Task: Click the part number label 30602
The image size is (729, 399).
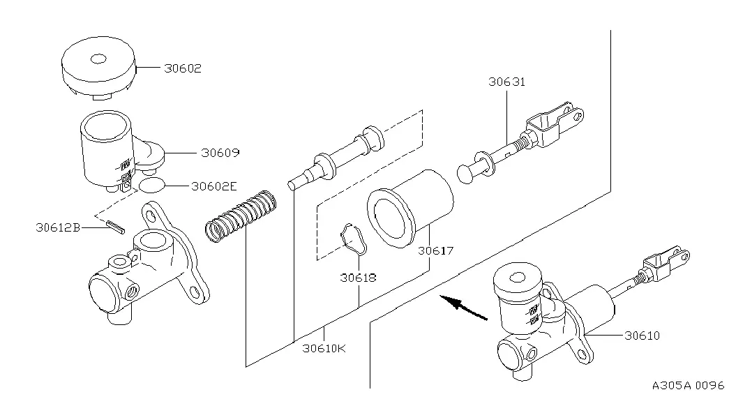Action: click(x=183, y=68)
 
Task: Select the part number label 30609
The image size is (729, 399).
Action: click(x=220, y=153)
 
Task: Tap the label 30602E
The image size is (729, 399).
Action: click(x=214, y=186)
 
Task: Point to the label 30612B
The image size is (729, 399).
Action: click(x=58, y=227)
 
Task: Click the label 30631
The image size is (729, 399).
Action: click(x=506, y=82)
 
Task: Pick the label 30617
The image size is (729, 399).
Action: click(x=435, y=250)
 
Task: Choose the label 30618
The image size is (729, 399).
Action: click(x=358, y=278)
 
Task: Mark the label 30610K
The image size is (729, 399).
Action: click(x=324, y=348)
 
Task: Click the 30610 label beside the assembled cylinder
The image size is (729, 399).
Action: click(x=642, y=336)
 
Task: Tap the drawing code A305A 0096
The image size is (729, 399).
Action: click(x=689, y=386)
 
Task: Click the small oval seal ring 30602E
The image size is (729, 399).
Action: click(x=152, y=185)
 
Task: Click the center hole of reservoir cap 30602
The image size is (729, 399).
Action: click(x=98, y=59)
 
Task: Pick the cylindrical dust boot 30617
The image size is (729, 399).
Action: click(x=410, y=209)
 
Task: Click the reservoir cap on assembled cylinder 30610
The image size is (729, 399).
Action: click(x=518, y=278)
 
